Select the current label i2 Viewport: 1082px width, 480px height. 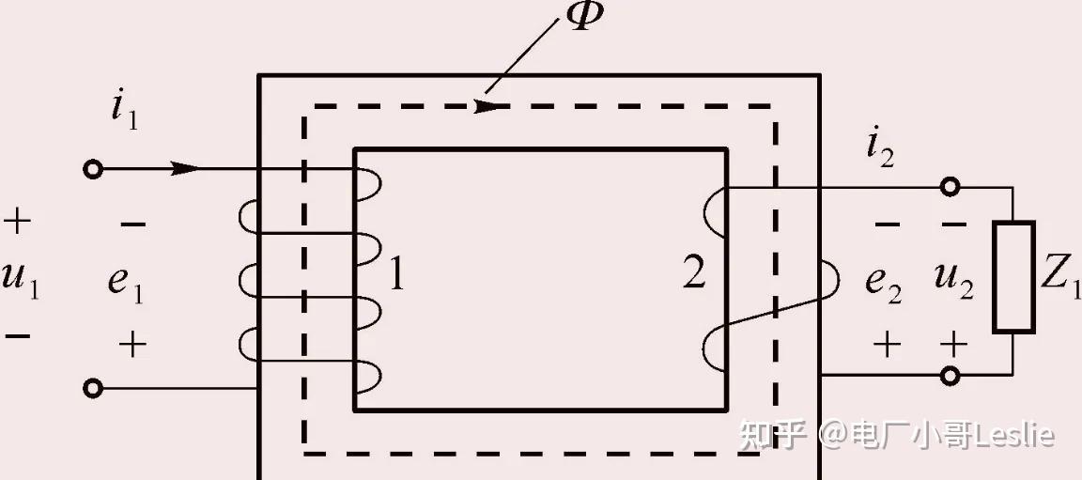[880, 148]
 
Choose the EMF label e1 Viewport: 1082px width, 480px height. [125, 280]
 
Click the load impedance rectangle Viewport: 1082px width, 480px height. [1013, 277]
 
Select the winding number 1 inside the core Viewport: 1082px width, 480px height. [396, 274]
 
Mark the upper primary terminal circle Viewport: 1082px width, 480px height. [92, 169]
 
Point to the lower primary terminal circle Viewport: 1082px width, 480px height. [92, 388]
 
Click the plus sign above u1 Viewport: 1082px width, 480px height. [17, 223]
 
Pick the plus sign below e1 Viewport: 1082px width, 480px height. [132, 345]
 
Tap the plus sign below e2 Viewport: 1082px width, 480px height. [886, 345]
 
